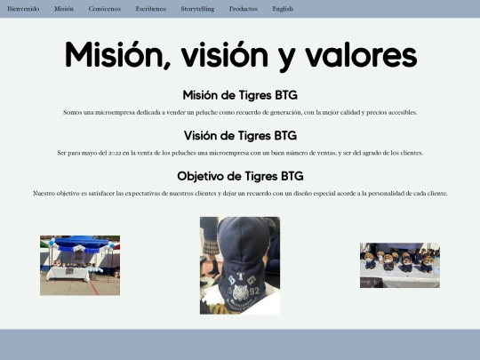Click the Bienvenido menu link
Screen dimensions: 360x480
(23, 8)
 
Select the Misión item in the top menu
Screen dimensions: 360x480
(64, 8)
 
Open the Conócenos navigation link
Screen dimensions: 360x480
(105, 8)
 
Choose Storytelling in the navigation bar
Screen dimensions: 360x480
(197, 8)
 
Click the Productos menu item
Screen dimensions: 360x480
(244, 8)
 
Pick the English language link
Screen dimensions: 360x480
(283, 8)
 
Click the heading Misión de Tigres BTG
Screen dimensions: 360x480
(240, 95)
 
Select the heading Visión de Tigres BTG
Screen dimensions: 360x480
(240, 136)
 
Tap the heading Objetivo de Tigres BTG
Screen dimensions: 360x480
(240, 176)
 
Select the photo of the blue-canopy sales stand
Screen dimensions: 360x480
(80, 265)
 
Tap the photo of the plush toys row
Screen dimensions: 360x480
(399, 265)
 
